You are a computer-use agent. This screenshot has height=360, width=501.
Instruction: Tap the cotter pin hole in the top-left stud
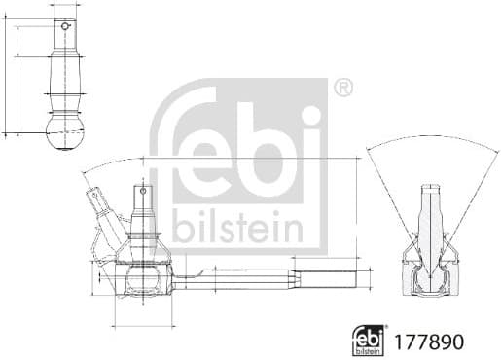[65, 28]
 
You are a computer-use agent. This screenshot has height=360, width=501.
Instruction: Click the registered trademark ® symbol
[343, 89]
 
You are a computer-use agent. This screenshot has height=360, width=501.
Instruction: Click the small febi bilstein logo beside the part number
[369, 341]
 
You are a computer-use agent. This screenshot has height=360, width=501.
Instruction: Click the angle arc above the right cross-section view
[433, 141]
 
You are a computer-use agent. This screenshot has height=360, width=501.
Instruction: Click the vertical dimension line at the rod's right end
[357, 224]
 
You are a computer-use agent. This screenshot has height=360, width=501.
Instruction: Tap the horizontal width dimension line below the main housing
[143, 324]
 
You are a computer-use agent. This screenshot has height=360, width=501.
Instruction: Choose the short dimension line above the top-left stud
[65, 5]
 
